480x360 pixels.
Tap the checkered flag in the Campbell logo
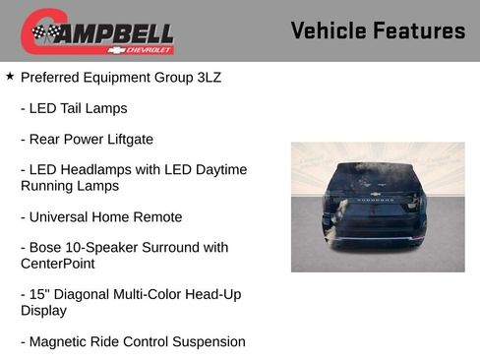pyautogui.click(x=44, y=33)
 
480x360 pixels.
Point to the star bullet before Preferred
pyautogui.click(x=10, y=75)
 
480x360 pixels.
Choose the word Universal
pyautogui.click(x=64, y=216)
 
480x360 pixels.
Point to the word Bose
pyautogui.click(x=48, y=247)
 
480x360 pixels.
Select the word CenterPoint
pyautogui.click(x=57, y=264)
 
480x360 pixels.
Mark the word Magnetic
pyautogui.click(x=60, y=341)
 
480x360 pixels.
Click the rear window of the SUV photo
pyautogui.click(x=377, y=180)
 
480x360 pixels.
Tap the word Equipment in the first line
pyautogui.click(x=120, y=77)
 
